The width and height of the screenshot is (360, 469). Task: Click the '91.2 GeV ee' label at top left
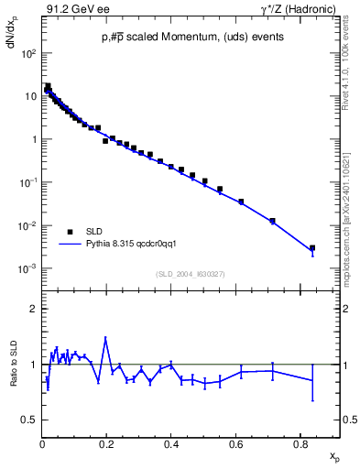(x=71, y=9)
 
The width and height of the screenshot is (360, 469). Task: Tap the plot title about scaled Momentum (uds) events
(x=191, y=37)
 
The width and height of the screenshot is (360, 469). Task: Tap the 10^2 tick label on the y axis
(x=28, y=54)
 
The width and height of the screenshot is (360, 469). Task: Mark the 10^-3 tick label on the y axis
(x=28, y=268)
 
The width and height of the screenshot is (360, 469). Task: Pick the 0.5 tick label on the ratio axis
(x=30, y=420)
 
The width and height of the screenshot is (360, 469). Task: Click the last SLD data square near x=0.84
(x=312, y=247)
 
